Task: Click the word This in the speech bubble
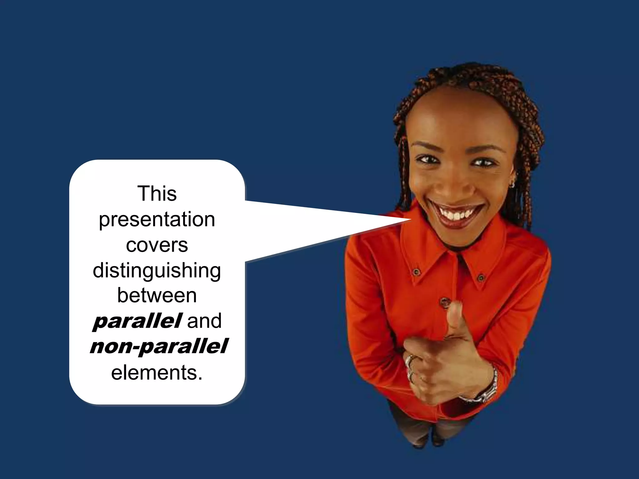pos(157,194)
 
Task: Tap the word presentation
pos(157,220)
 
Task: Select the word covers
pos(157,245)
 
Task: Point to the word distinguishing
pos(157,271)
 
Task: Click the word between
pos(157,296)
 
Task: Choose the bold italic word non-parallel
pos(159,346)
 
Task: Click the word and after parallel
pos(204,321)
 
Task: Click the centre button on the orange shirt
pos(444,302)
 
